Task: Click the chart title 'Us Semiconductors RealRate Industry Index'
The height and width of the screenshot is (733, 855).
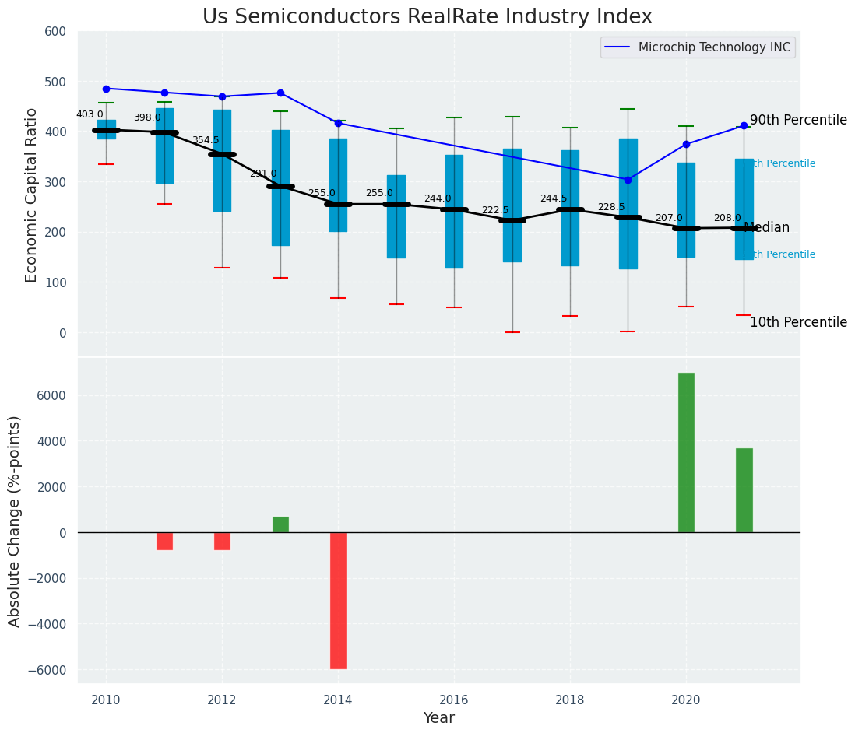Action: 427,17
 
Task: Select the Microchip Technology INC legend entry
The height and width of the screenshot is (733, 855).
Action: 698,47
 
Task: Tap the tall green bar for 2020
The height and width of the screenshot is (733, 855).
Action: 686,452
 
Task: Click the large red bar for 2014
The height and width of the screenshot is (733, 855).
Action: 338,600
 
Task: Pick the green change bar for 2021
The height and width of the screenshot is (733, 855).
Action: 744,490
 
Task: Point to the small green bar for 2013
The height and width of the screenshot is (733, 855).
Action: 280,525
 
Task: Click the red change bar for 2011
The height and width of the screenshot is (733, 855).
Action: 164,541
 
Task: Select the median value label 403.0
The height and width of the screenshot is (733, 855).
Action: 90,114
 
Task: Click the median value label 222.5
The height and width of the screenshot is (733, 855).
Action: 495,210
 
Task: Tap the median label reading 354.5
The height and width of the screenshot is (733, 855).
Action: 206,140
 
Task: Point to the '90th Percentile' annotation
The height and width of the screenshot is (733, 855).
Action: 798,120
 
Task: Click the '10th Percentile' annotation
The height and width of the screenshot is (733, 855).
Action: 798,322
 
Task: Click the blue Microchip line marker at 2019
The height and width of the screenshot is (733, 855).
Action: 628,180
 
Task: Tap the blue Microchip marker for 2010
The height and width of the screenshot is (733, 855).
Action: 106,89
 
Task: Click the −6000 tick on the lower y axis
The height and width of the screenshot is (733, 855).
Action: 47,670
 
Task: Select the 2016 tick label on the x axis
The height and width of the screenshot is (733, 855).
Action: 454,700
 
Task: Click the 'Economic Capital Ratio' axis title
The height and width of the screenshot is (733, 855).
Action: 32,195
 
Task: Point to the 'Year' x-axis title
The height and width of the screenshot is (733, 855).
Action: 439,718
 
